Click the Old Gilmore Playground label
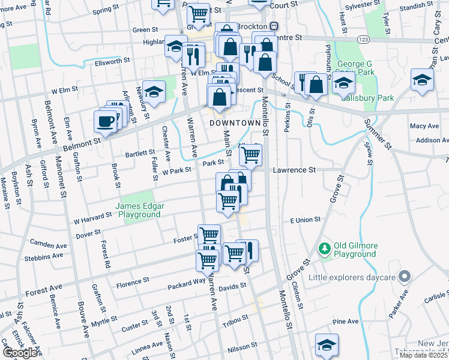coord(355,249)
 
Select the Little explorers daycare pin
coord(405,277)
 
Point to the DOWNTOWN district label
coord(235,122)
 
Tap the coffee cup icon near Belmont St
coord(105,122)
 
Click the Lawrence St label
coord(294,170)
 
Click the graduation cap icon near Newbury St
coord(154,91)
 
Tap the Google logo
coord(20,353)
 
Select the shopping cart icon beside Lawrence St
coord(250,155)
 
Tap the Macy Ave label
coord(424,126)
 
